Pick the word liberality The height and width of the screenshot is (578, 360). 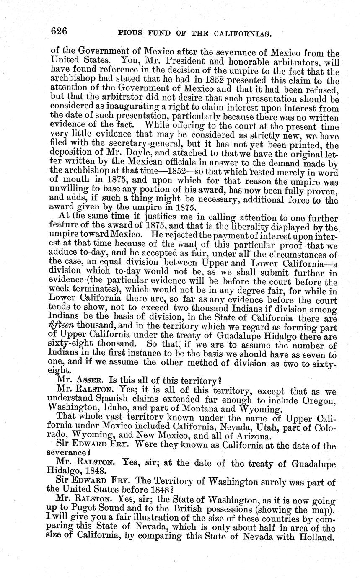click(257, 227)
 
